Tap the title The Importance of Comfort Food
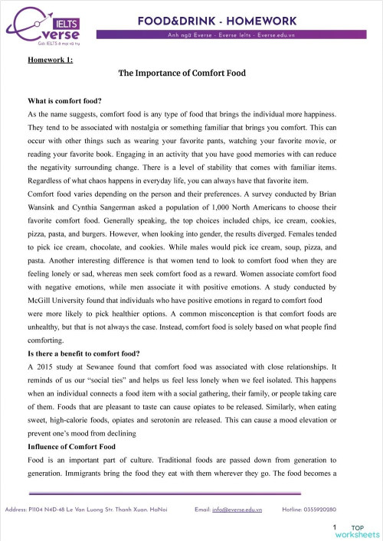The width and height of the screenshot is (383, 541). pos(191,74)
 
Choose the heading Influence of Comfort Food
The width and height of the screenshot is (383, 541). pos(71,445)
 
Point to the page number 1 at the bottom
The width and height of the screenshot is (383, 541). pos(335,528)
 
